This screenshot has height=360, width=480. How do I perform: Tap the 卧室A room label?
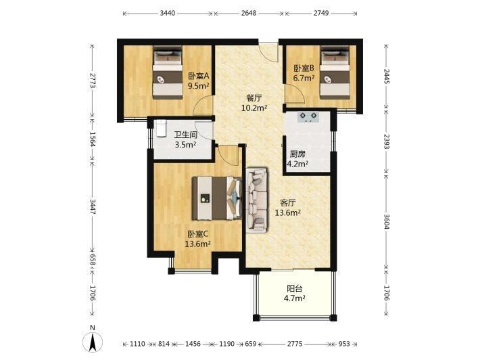[x=198, y=75]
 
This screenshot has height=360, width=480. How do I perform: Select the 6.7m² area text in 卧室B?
[x=304, y=78]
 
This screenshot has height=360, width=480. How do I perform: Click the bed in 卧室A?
[x=168, y=72]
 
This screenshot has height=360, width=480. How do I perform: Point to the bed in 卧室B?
[x=335, y=72]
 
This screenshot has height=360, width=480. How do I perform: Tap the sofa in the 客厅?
[x=257, y=200]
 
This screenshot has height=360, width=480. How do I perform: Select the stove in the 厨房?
[x=308, y=117]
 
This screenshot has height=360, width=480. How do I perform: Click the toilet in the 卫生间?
[x=160, y=129]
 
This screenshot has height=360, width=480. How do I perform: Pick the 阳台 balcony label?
[x=295, y=289]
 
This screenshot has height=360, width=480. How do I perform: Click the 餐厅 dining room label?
[x=254, y=98]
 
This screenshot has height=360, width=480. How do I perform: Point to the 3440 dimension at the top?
[x=168, y=13]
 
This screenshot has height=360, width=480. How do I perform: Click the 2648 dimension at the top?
[x=249, y=13]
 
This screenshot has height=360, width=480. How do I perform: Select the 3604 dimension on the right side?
[x=387, y=221]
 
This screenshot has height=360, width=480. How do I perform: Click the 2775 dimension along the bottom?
[x=295, y=344]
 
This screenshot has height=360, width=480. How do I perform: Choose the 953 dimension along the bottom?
[x=344, y=344]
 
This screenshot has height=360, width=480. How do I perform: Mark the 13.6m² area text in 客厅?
[x=287, y=212]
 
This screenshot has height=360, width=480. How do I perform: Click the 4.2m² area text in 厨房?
[x=297, y=164]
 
